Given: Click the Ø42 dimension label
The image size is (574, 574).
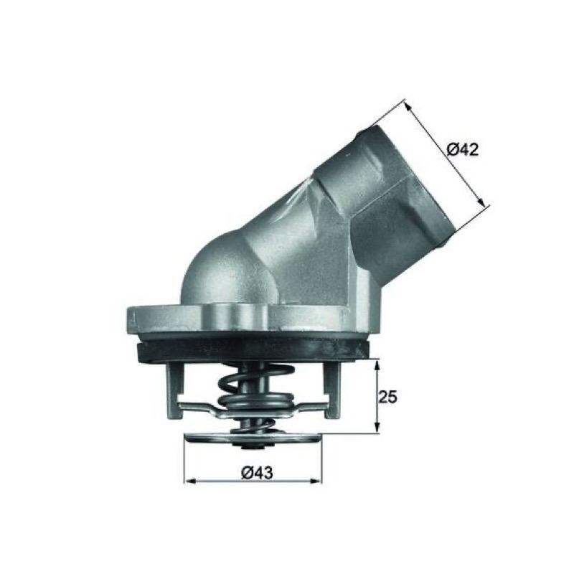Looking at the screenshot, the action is [x=463, y=149].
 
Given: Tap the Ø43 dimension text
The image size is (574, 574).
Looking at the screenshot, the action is [x=257, y=473].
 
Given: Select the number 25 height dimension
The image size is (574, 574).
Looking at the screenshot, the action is [x=388, y=397].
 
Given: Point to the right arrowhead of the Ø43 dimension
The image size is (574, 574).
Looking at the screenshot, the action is [x=316, y=480].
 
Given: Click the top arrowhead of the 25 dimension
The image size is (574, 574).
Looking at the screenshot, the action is [x=377, y=365].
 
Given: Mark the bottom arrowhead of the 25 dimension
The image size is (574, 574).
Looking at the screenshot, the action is [x=377, y=428].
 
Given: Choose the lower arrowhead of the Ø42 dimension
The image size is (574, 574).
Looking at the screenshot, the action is [x=481, y=202].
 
